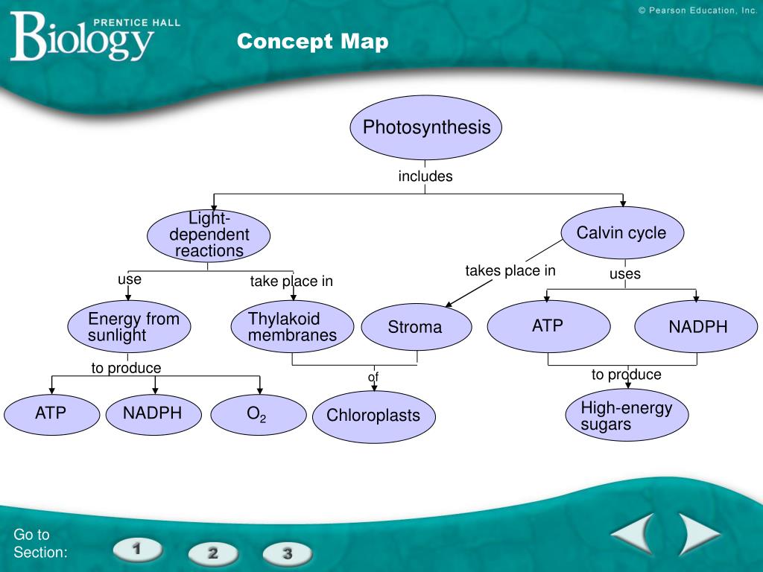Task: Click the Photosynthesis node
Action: [x=425, y=127]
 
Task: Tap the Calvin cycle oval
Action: [x=621, y=232]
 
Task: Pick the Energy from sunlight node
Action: [x=128, y=327]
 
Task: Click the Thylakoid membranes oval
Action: [x=291, y=327]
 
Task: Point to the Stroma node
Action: [x=416, y=327]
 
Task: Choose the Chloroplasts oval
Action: [x=373, y=416]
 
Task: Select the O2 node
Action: [x=258, y=415]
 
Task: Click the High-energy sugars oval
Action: [x=626, y=416]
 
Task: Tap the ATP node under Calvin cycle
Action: [x=548, y=326]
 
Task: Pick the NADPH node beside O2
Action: [x=153, y=413]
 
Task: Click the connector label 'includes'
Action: [x=425, y=177]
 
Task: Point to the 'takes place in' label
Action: [x=510, y=270]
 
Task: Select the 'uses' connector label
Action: [x=624, y=274]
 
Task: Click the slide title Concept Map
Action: [x=313, y=42]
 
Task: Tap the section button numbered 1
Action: [x=138, y=550]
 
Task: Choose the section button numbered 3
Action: [x=287, y=553]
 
